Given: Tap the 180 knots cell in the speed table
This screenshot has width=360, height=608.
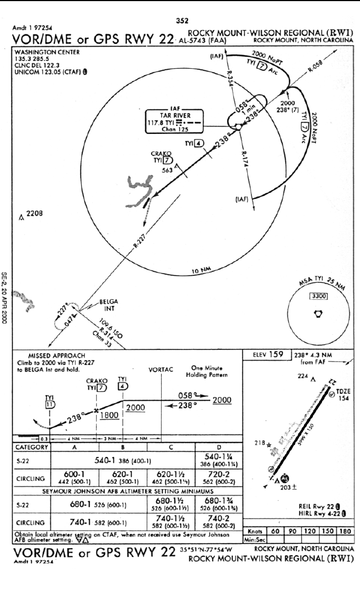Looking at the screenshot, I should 344,530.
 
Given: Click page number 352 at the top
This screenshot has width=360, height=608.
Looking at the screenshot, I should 181,21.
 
